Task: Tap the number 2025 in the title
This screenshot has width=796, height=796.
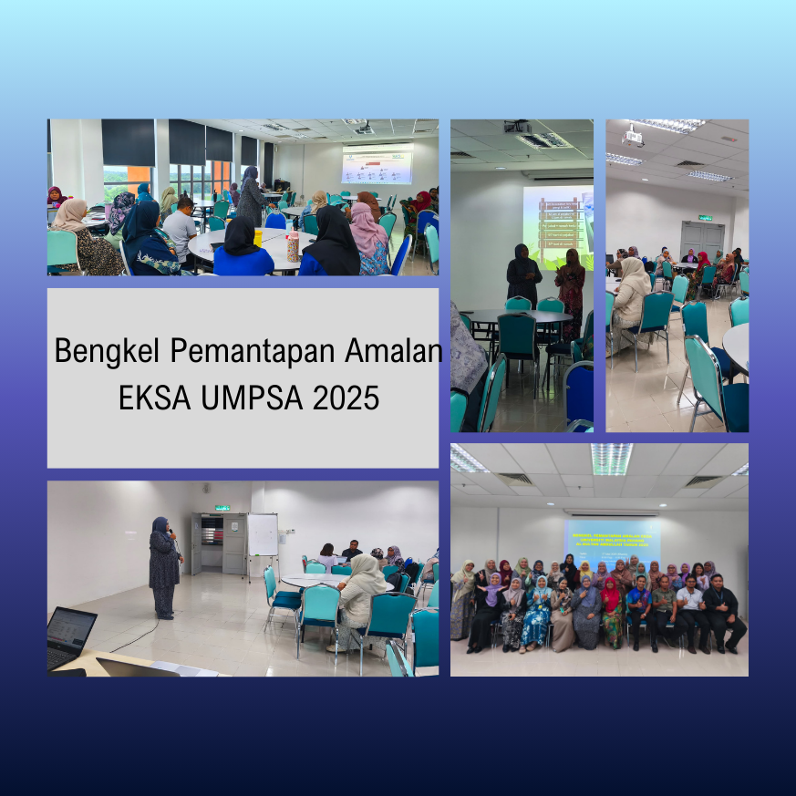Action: coord(345,398)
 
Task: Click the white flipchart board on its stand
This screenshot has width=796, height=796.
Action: coord(263,536)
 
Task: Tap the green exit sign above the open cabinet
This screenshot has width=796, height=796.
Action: coord(222,507)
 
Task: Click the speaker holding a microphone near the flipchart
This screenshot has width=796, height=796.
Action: coord(164,566)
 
